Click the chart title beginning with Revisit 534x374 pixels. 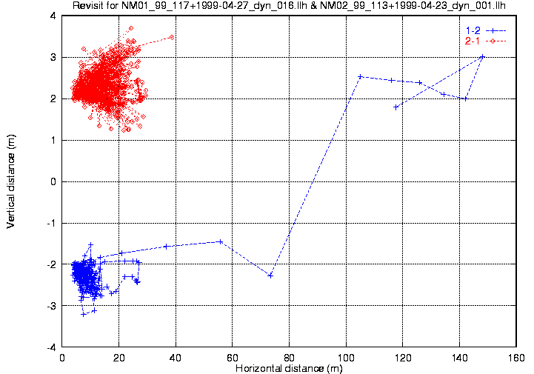289,7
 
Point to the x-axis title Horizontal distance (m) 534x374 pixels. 289,368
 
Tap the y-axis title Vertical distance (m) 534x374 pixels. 10,181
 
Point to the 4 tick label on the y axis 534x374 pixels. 53,16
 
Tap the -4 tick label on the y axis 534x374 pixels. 51,347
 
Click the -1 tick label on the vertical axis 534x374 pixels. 51,223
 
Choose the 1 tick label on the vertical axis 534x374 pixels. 53,140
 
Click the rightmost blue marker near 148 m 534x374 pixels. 482,56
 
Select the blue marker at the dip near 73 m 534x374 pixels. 270,275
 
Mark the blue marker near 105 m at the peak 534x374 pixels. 360,76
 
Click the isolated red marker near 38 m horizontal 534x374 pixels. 171,36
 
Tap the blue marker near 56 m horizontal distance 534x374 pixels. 221,241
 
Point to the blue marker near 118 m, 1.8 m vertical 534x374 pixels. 396,107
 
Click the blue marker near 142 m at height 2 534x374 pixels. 464,98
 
